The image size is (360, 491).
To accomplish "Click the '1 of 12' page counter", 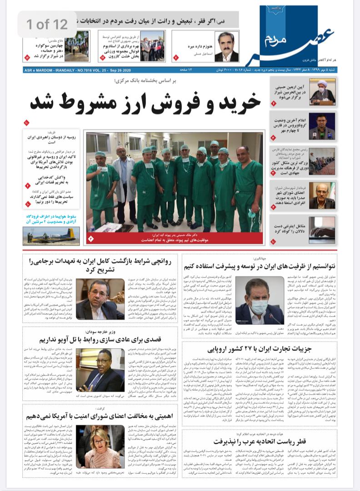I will pos(47,24).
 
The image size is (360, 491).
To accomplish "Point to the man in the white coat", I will pos(123,182).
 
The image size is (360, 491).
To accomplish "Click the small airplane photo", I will pos(51,235).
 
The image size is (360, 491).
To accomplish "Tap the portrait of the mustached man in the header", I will pos(226,47).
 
